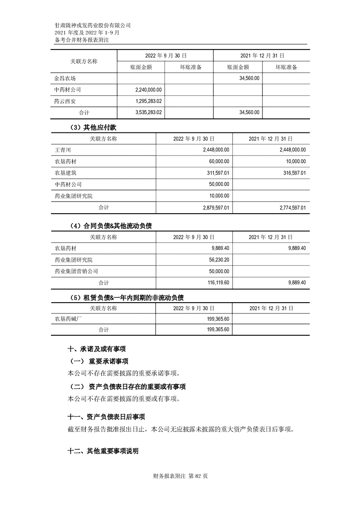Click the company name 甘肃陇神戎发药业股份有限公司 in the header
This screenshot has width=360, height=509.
[92, 25]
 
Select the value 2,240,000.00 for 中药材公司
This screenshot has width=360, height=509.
[149, 90]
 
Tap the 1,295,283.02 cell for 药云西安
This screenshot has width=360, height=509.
[149, 101]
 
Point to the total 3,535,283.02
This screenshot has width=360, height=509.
[149, 112]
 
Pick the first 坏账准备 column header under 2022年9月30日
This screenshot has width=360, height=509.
[189, 67]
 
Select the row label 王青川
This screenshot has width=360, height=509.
[63, 149]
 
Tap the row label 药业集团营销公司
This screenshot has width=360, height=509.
[76, 271]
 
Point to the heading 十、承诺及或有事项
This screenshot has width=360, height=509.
[96, 349]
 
